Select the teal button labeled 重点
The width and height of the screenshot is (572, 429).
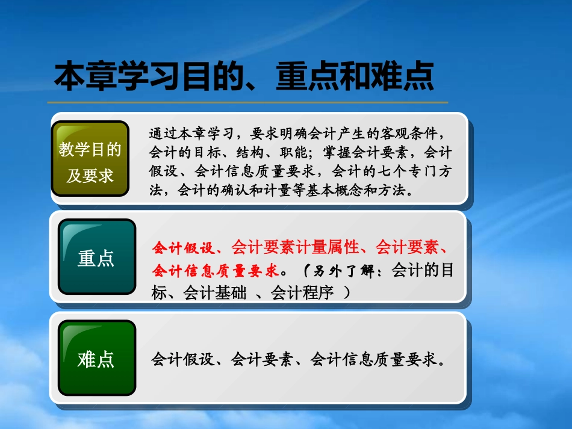point(96,257)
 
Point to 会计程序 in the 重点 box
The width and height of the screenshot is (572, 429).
point(302,292)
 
